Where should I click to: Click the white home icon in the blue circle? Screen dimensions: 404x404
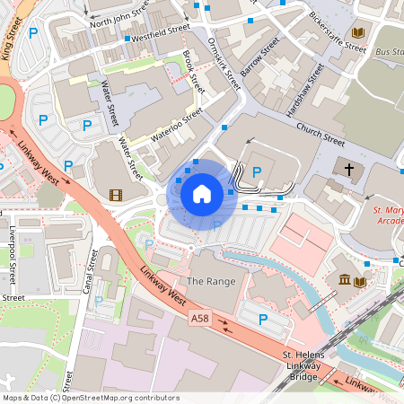(202, 193)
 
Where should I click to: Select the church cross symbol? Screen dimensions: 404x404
(349, 168)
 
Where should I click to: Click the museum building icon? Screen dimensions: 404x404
(346, 282)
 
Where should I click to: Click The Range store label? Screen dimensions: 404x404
(212, 281)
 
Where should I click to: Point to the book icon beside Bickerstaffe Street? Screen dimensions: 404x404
(358, 33)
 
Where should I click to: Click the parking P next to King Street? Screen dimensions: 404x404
(32, 33)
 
